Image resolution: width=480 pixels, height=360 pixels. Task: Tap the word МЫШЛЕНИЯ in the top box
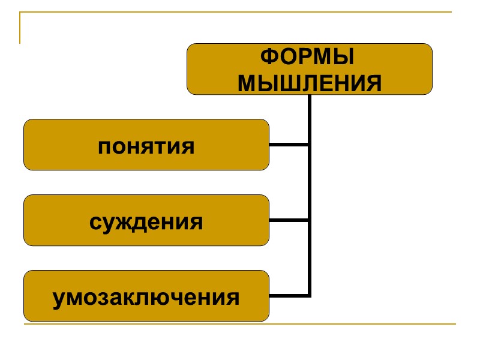(310, 83)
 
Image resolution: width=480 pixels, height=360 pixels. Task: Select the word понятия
(146, 146)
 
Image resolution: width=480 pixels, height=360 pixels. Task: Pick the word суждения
(146, 221)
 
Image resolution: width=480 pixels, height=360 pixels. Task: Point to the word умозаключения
(146, 297)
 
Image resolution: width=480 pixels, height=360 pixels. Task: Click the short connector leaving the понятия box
(289, 145)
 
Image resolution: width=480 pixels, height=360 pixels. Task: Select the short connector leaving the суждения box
(289, 220)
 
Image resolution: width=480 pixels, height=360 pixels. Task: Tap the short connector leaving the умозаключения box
(289, 295)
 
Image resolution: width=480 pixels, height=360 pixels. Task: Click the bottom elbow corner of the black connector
(310, 295)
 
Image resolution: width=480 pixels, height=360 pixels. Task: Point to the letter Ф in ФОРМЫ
(269, 58)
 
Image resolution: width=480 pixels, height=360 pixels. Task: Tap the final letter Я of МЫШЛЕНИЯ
(373, 83)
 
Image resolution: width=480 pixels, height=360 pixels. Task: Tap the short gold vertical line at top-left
(20, 28)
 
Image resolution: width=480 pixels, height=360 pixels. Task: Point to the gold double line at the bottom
(240, 325)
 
